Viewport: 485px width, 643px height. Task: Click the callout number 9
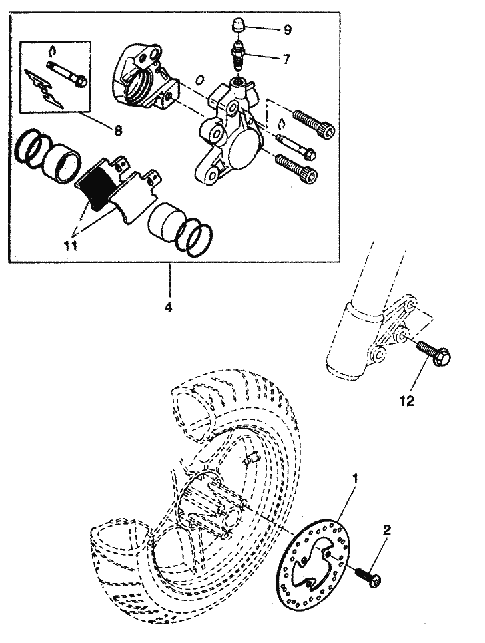pyautogui.click(x=288, y=30)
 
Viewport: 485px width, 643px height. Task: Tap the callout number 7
pyautogui.click(x=286, y=59)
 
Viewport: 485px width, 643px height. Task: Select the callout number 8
pyautogui.click(x=118, y=130)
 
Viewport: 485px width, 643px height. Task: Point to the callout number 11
pyautogui.click(x=71, y=246)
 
